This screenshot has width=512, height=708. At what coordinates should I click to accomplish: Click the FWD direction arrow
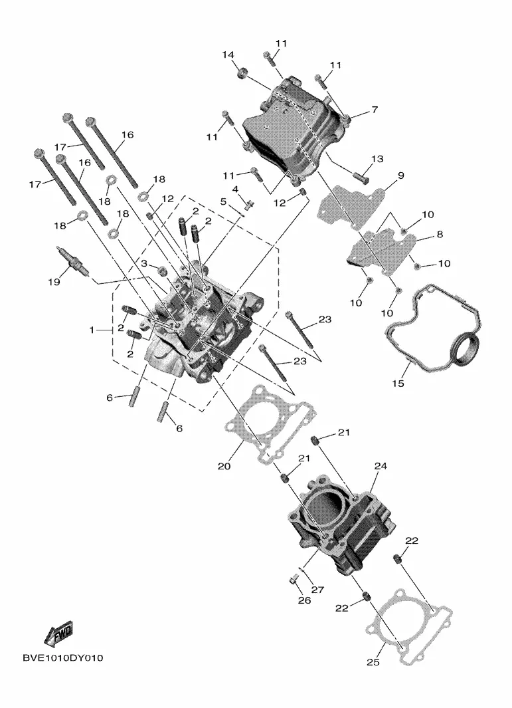coord(58,634)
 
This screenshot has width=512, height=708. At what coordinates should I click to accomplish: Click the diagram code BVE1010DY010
coord(62,658)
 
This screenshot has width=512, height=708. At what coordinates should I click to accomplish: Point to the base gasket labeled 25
coord(409,627)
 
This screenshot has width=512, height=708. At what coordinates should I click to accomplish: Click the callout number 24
coord(381,466)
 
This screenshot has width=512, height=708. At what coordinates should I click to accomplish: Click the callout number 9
coord(401,176)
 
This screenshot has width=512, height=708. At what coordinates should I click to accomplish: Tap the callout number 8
coord(440,235)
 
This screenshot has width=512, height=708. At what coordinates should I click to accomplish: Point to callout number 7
coord(375,110)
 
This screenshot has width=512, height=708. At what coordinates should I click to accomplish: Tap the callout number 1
coord(92,330)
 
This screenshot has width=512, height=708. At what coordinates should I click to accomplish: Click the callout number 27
coord(317,590)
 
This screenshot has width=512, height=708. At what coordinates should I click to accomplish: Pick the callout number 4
coord(236,189)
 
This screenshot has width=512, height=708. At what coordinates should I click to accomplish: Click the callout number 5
coord(223,201)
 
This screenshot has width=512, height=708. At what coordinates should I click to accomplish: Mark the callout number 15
coord(398,384)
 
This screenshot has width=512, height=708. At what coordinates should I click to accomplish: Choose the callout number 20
coord(224,466)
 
